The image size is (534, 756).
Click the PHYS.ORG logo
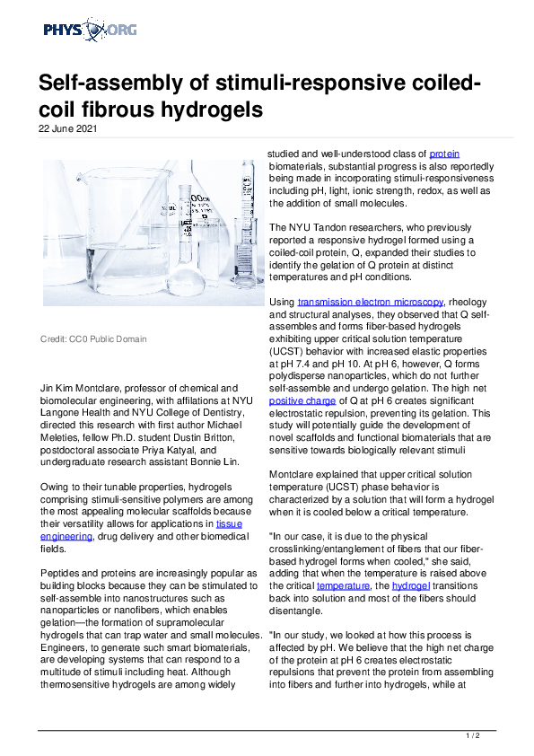click(x=90, y=31)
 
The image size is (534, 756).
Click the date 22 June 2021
click(x=67, y=128)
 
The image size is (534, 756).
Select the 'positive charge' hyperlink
click(x=303, y=401)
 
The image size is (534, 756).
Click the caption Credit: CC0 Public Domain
click(x=93, y=339)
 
